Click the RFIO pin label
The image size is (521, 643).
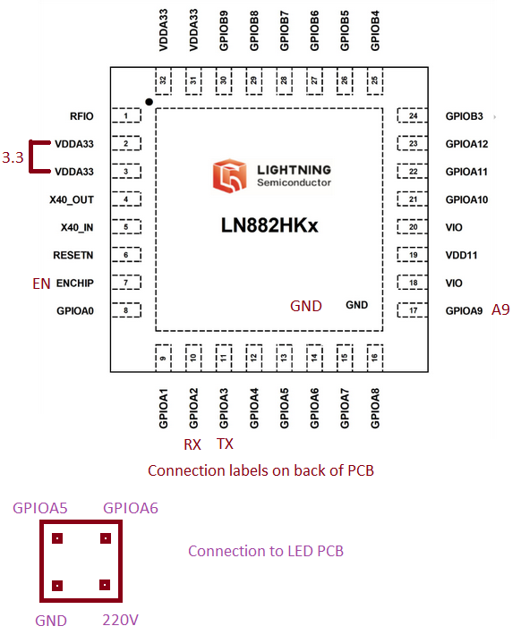pyautogui.click(x=81, y=116)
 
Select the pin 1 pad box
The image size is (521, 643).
pyautogui.click(x=126, y=115)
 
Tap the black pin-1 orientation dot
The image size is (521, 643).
pyautogui.click(x=149, y=102)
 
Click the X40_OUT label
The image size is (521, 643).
pyautogui.click(x=72, y=199)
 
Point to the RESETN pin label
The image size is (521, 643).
pyautogui.click(x=73, y=255)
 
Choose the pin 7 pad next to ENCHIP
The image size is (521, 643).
pyautogui.click(x=126, y=283)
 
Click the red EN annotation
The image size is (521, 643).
pyautogui.click(x=41, y=283)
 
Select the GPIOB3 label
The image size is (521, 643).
pyautogui.click(x=464, y=116)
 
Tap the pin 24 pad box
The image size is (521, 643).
pyautogui.click(x=412, y=115)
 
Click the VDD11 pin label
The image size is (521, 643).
pyautogui.click(x=461, y=255)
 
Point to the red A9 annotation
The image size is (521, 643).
pyautogui.click(x=500, y=309)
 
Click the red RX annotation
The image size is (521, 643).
pyautogui.click(x=192, y=444)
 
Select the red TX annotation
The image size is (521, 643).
pyautogui.click(x=225, y=444)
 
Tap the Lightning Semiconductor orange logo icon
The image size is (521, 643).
pyautogui.click(x=229, y=176)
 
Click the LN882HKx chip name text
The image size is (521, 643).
pyautogui.click(x=269, y=225)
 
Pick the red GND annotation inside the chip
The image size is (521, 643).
pyautogui.click(x=306, y=306)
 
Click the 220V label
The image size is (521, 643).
pyautogui.click(x=120, y=620)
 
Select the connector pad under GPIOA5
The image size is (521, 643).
pyautogui.click(x=57, y=538)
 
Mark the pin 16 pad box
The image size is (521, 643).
pyautogui.click(x=375, y=358)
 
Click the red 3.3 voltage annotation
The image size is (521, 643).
pyautogui.click(x=13, y=157)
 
